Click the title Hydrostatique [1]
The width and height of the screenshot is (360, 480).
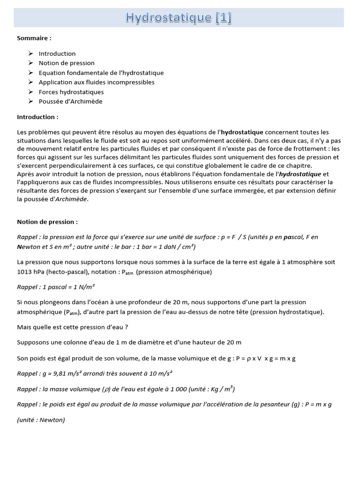coord(179,18)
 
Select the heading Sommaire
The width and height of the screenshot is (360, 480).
coord(34,37)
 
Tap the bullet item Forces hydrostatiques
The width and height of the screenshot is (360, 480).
coord(71,92)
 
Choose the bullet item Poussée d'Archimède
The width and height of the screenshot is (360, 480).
coord(70,101)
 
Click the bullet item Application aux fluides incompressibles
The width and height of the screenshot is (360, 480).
coord(97,82)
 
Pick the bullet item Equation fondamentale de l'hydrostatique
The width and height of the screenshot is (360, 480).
coord(101,73)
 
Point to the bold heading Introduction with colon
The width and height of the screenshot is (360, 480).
coord(38,117)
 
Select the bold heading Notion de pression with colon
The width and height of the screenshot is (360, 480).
coord(47,222)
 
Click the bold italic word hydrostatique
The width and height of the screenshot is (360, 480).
coord(300,174)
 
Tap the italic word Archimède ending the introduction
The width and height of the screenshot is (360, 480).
coord(71,199)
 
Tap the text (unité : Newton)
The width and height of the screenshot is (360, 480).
coord(41,420)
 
